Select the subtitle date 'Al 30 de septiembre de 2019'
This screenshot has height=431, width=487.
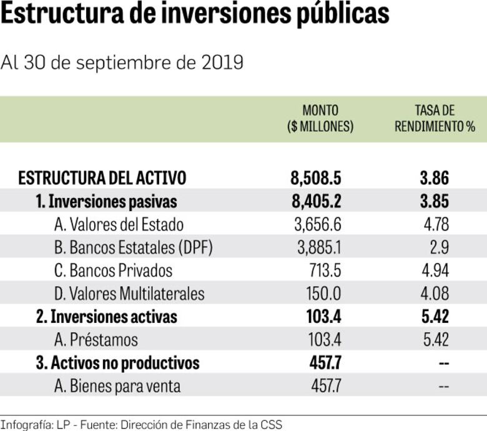pyautogui.click(x=122, y=63)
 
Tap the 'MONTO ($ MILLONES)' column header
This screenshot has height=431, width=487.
pyautogui.click(x=320, y=119)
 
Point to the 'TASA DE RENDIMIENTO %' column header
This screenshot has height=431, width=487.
pyautogui.click(x=435, y=119)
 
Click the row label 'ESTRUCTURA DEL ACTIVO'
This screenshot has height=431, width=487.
pyautogui.click(x=102, y=178)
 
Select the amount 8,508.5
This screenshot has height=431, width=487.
pyautogui.click(x=316, y=178)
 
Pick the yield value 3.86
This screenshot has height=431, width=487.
pyautogui.click(x=435, y=178)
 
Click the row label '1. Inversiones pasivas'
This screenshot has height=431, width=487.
pyautogui.click(x=106, y=202)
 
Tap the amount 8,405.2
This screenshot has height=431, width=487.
pyautogui.click(x=316, y=202)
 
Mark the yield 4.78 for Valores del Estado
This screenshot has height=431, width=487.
pyautogui.click(x=435, y=224)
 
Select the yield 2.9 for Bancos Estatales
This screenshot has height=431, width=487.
pyautogui.click(x=439, y=248)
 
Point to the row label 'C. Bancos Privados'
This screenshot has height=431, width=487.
pyautogui.click(x=113, y=270)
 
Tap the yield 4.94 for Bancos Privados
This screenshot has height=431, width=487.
pyautogui.click(x=435, y=270)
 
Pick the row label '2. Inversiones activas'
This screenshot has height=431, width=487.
pyautogui.click(x=107, y=317)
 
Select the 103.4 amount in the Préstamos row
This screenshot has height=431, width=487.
pyautogui.click(x=325, y=340)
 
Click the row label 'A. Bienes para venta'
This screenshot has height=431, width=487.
pyautogui.click(x=117, y=386)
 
